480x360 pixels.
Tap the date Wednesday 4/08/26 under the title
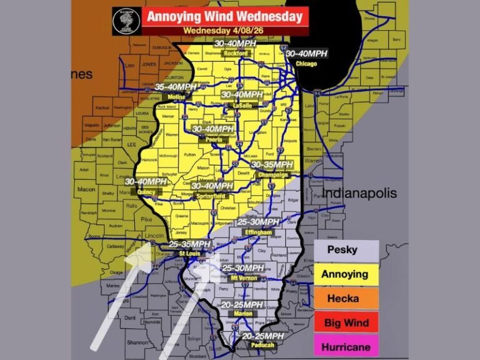click(224, 30)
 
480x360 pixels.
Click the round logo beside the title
click(126, 21)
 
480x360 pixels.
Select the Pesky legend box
click(346, 250)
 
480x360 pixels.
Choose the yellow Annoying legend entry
click(346, 274)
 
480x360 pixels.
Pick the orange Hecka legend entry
click(346, 298)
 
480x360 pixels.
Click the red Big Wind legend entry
click(346, 322)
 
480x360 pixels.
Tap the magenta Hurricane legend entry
click(346, 347)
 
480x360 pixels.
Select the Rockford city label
click(236, 53)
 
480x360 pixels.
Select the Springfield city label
click(212, 196)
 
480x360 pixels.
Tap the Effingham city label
click(257, 232)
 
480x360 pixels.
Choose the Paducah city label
click(257, 344)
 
